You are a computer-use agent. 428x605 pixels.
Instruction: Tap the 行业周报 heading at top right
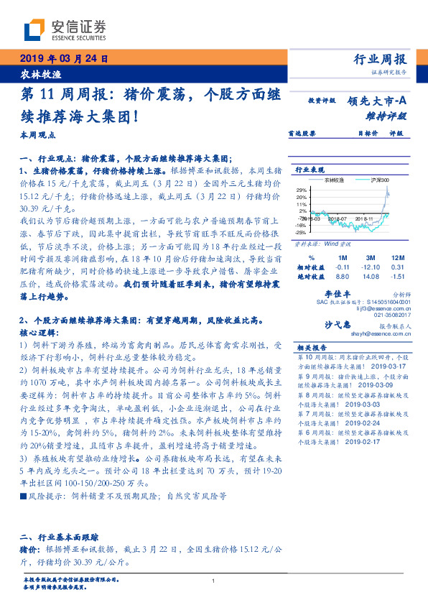380,59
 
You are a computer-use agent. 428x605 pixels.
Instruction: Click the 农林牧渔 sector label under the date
36,74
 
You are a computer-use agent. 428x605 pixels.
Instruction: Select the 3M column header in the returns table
371,257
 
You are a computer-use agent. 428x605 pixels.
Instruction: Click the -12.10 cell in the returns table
371,266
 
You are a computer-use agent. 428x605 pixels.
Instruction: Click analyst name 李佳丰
337,294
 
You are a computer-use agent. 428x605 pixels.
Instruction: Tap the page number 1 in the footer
214,581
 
